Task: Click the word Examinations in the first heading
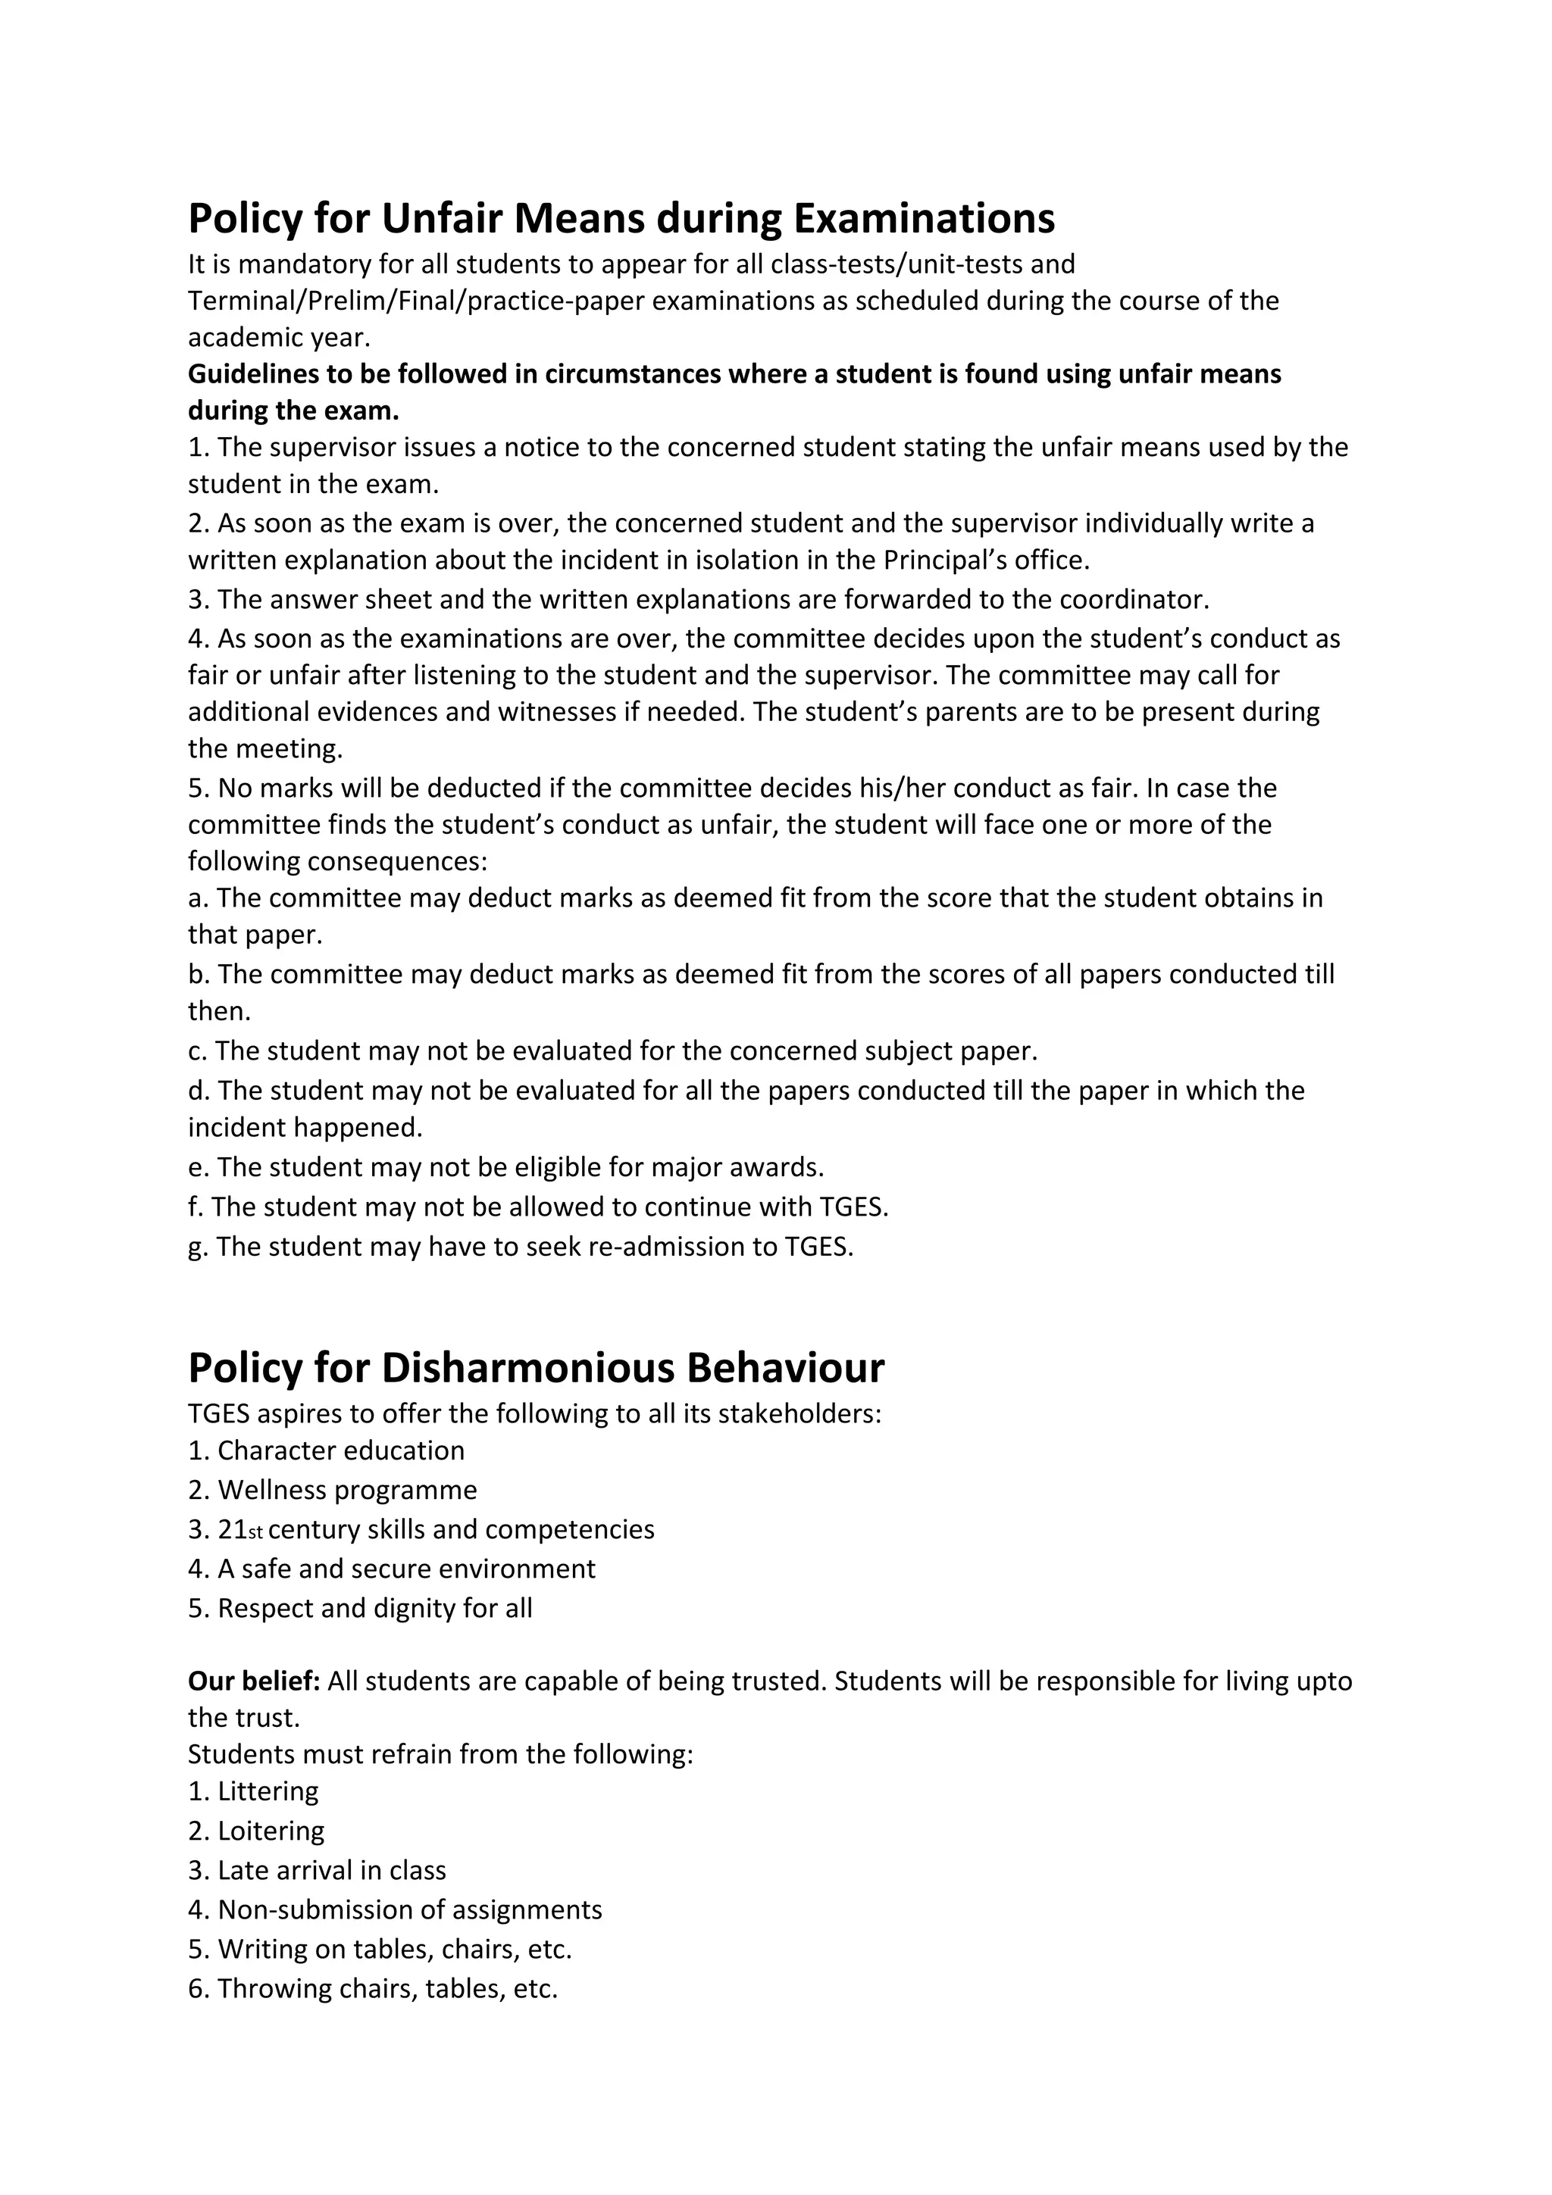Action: (x=924, y=219)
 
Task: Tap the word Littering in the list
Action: (x=268, y=1791)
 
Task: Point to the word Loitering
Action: (x=271, y=1830)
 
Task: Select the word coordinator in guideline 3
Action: (x=1134, y=599)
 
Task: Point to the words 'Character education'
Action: (x=340, y=1450)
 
